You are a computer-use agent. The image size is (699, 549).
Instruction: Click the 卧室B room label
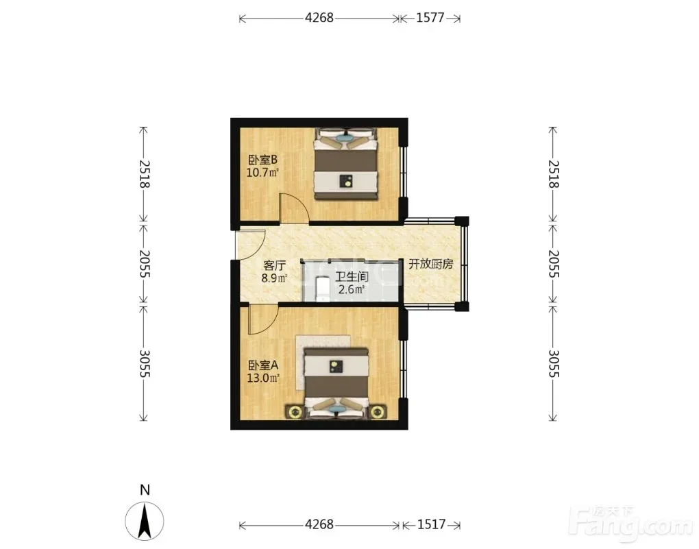tap(262, 160)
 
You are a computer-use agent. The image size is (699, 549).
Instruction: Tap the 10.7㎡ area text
tap(262, 172)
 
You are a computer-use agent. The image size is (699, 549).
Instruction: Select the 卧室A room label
tap(263, 365)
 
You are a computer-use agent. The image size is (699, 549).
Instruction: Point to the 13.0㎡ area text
tap(263, 378)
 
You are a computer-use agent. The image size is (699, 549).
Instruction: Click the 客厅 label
tap(274, 266)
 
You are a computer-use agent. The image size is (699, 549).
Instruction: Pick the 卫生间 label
tap(352, 277)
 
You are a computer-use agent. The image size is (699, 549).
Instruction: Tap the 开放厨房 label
tap(430, 264)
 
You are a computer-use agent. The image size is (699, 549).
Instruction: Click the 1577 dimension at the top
tap(430, 18)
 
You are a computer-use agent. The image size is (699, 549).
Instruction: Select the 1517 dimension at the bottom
tap(431, 524)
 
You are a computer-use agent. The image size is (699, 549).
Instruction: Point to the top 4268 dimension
tap(319, 18)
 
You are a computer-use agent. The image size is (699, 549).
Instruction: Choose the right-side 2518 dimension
tap(553, 174)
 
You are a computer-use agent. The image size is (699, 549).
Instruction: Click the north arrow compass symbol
tap(145, 521)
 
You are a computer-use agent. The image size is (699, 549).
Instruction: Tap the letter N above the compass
tap(145, 489)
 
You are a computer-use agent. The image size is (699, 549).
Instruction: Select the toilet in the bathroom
tap(322, 289)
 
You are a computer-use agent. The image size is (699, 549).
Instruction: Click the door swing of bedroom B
tap(294, 208)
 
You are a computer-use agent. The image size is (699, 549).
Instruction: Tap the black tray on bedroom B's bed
tap(346, 181)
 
